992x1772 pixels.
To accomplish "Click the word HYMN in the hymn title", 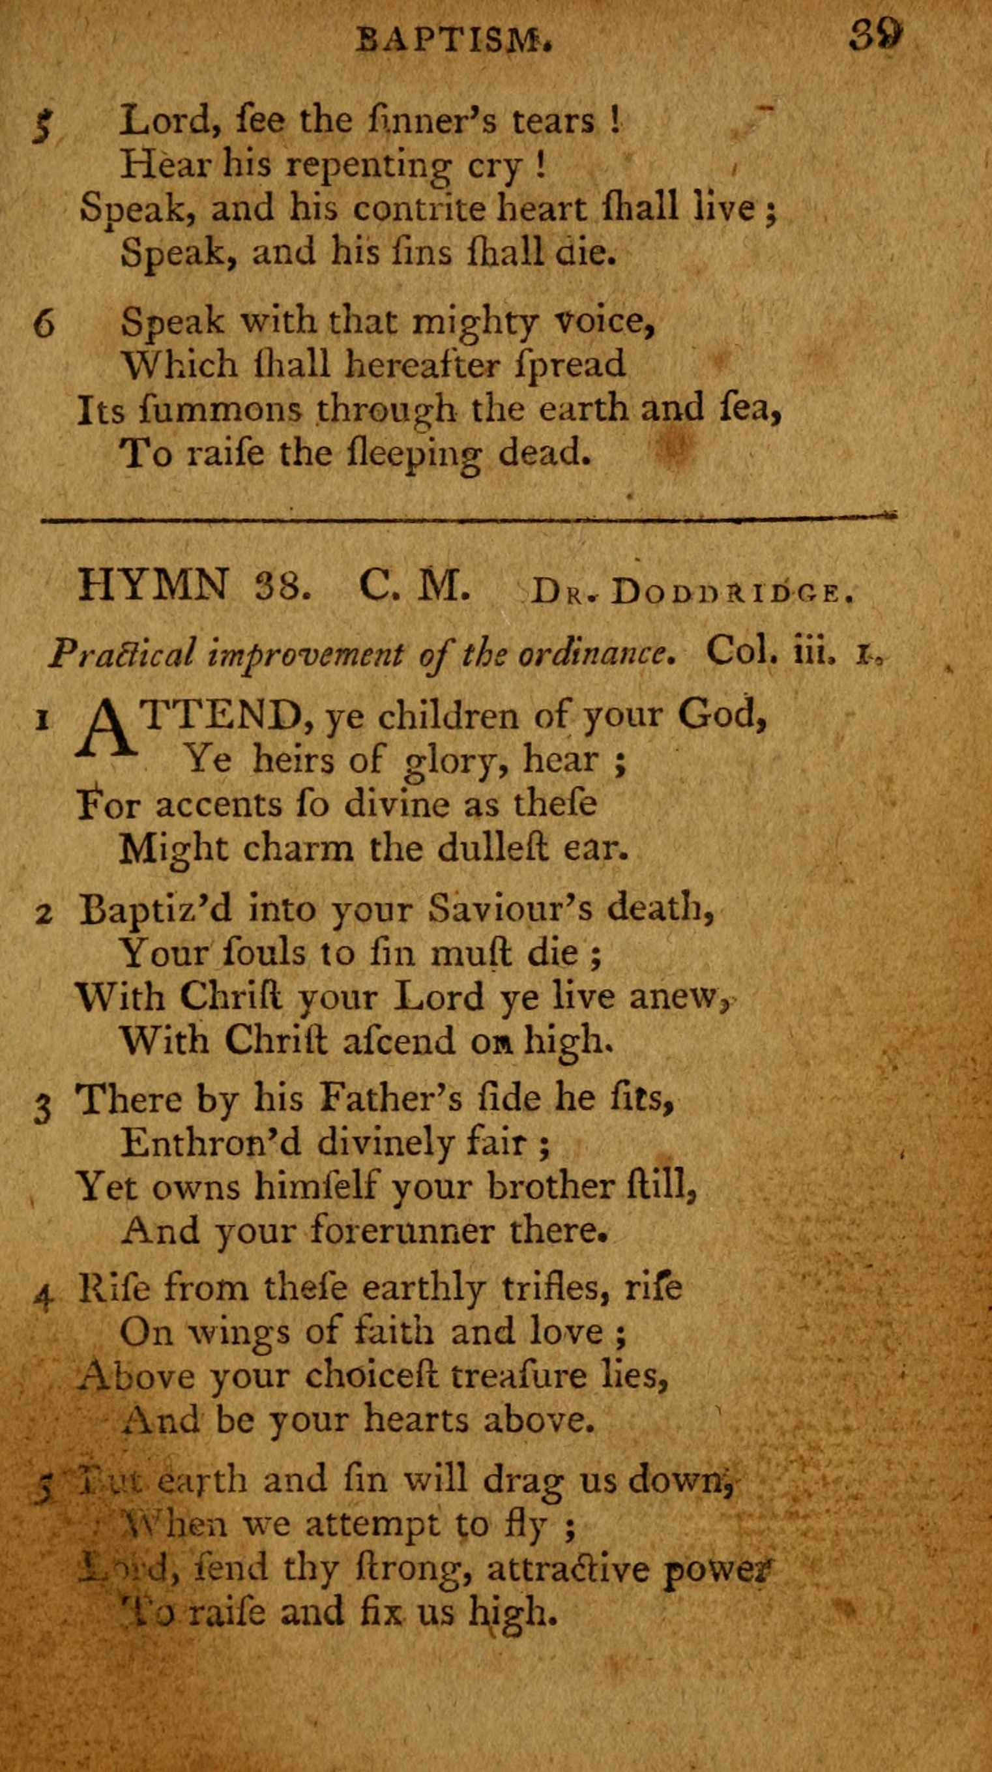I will (x=153, y=585).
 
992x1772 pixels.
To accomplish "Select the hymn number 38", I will (x=278, y=587).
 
